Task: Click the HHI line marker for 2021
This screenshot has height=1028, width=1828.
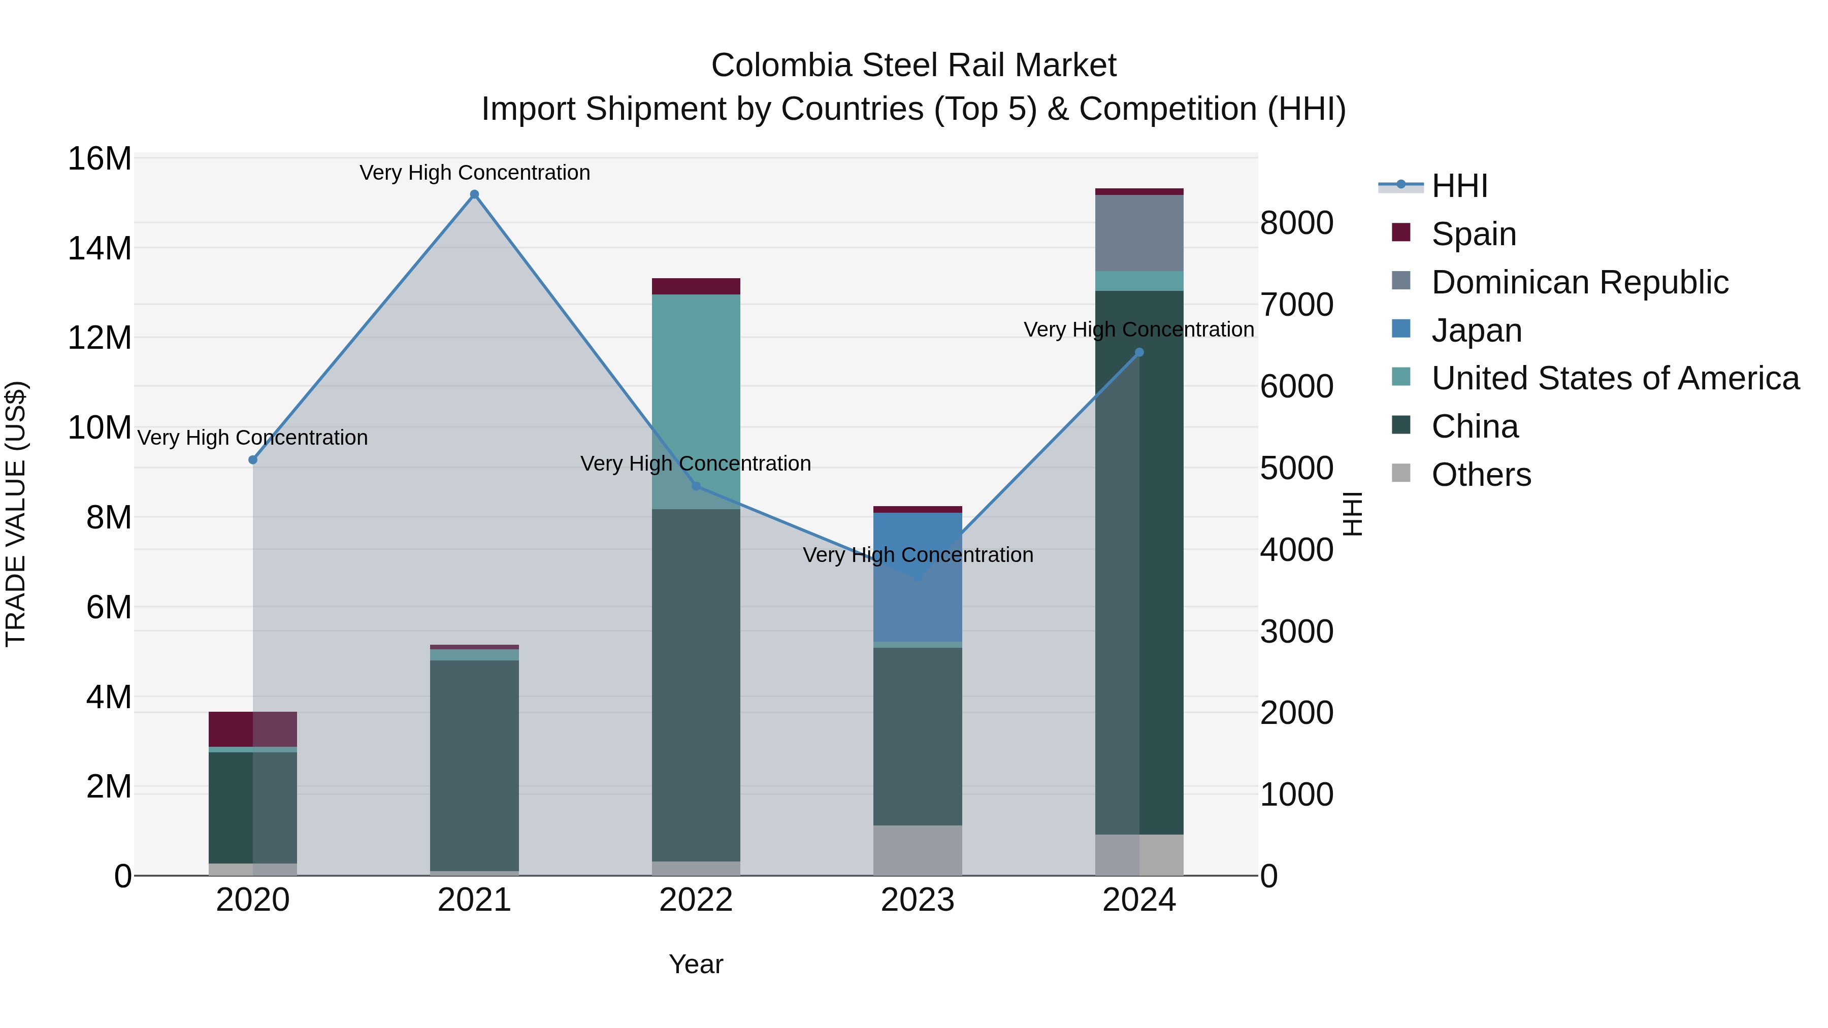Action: click(474, 194)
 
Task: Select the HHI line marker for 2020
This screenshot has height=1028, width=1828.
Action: click(253, 460)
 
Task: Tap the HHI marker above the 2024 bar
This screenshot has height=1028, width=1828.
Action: click(1139, 352)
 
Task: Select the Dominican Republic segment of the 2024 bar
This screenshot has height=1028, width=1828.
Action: click(1139, 233)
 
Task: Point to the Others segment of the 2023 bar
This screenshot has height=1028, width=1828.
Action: click(918, 850)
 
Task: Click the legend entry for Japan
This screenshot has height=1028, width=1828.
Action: click(1476, 330)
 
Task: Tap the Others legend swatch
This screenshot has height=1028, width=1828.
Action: click(1401, 473)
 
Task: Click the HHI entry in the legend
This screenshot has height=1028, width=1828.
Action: click(1459, 186)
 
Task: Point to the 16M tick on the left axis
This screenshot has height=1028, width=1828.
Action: click(100, 158)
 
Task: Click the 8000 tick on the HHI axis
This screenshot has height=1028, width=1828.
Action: click(1296, 223)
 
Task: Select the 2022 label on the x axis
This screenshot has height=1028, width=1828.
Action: click(696, 900)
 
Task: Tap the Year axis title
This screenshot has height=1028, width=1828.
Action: click(696, 964)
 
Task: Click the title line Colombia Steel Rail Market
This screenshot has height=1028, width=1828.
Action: click(913, 65)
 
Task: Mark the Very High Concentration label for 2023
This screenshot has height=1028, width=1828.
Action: click(918, 555)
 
